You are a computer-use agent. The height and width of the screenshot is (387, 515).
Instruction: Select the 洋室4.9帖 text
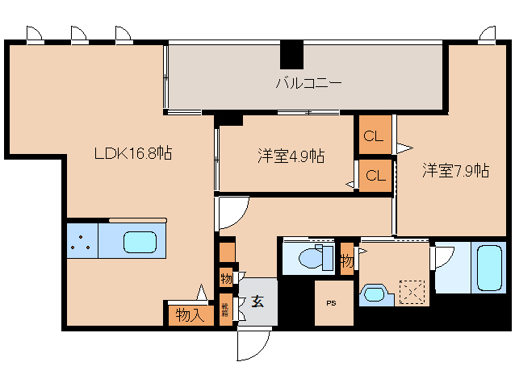coord(291,156)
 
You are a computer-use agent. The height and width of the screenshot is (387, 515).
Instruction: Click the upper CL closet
coord(374,135)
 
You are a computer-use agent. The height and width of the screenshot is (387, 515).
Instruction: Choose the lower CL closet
coord(374,174)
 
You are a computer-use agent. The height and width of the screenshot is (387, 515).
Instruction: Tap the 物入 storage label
coord(190,315)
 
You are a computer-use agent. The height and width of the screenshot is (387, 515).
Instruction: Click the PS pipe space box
coord(332,303)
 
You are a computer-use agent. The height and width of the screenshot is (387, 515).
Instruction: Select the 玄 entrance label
coord(257,302)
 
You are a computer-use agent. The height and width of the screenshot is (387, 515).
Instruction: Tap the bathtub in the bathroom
coord(492,265)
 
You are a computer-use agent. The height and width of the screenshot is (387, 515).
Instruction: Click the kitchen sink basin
coord(140,240)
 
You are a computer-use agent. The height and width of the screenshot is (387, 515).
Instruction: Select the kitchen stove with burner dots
coord(82,240)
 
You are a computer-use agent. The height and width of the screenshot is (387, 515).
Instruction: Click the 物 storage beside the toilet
coord(346,260)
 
